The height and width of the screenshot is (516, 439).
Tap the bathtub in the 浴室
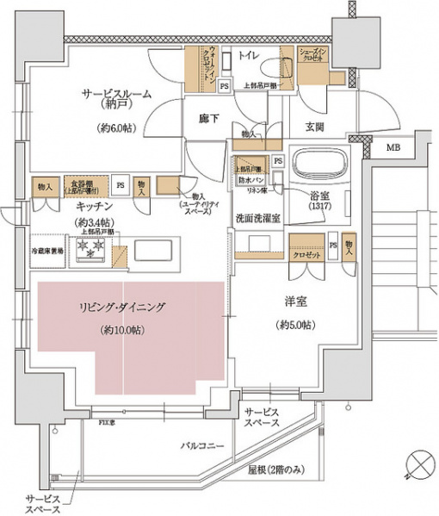pyautogui.click(x=319, y=164)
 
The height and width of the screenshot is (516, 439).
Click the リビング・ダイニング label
pyautogui.click(x=123, y=308)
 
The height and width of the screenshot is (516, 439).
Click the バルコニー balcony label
pyautogui.click(x=202, y=445)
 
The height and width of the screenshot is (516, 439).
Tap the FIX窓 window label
pyautogui.click(x=108, y=424)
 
